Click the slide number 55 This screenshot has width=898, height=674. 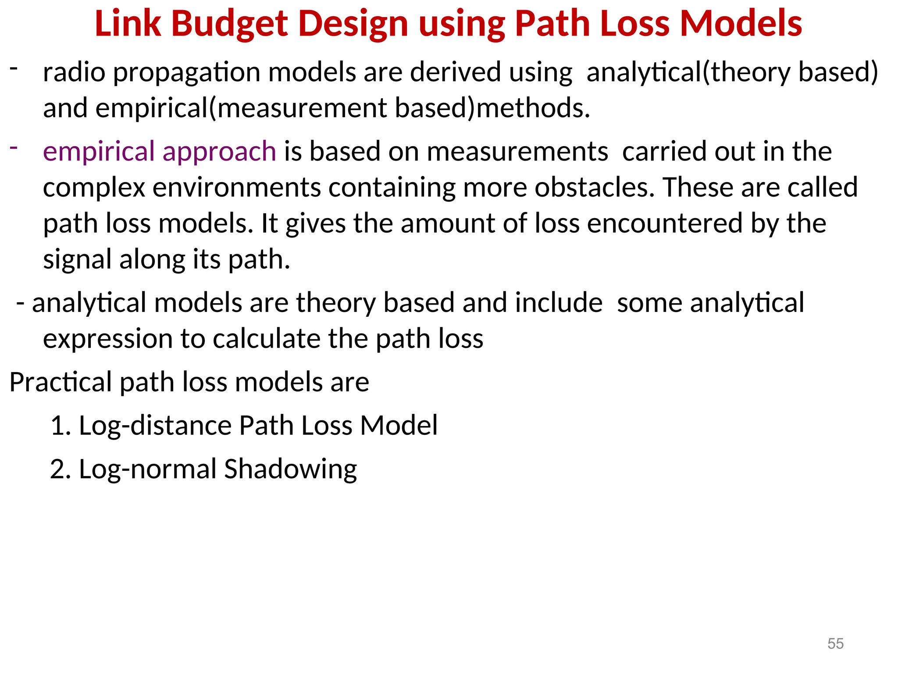[x=835, y=644]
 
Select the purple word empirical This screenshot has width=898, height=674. [x=99, y=152]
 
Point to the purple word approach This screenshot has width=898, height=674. [x=219, y=152]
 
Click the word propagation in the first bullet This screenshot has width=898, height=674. [x=187, y=73]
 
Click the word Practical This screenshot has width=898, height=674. [x=61, y=382]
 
